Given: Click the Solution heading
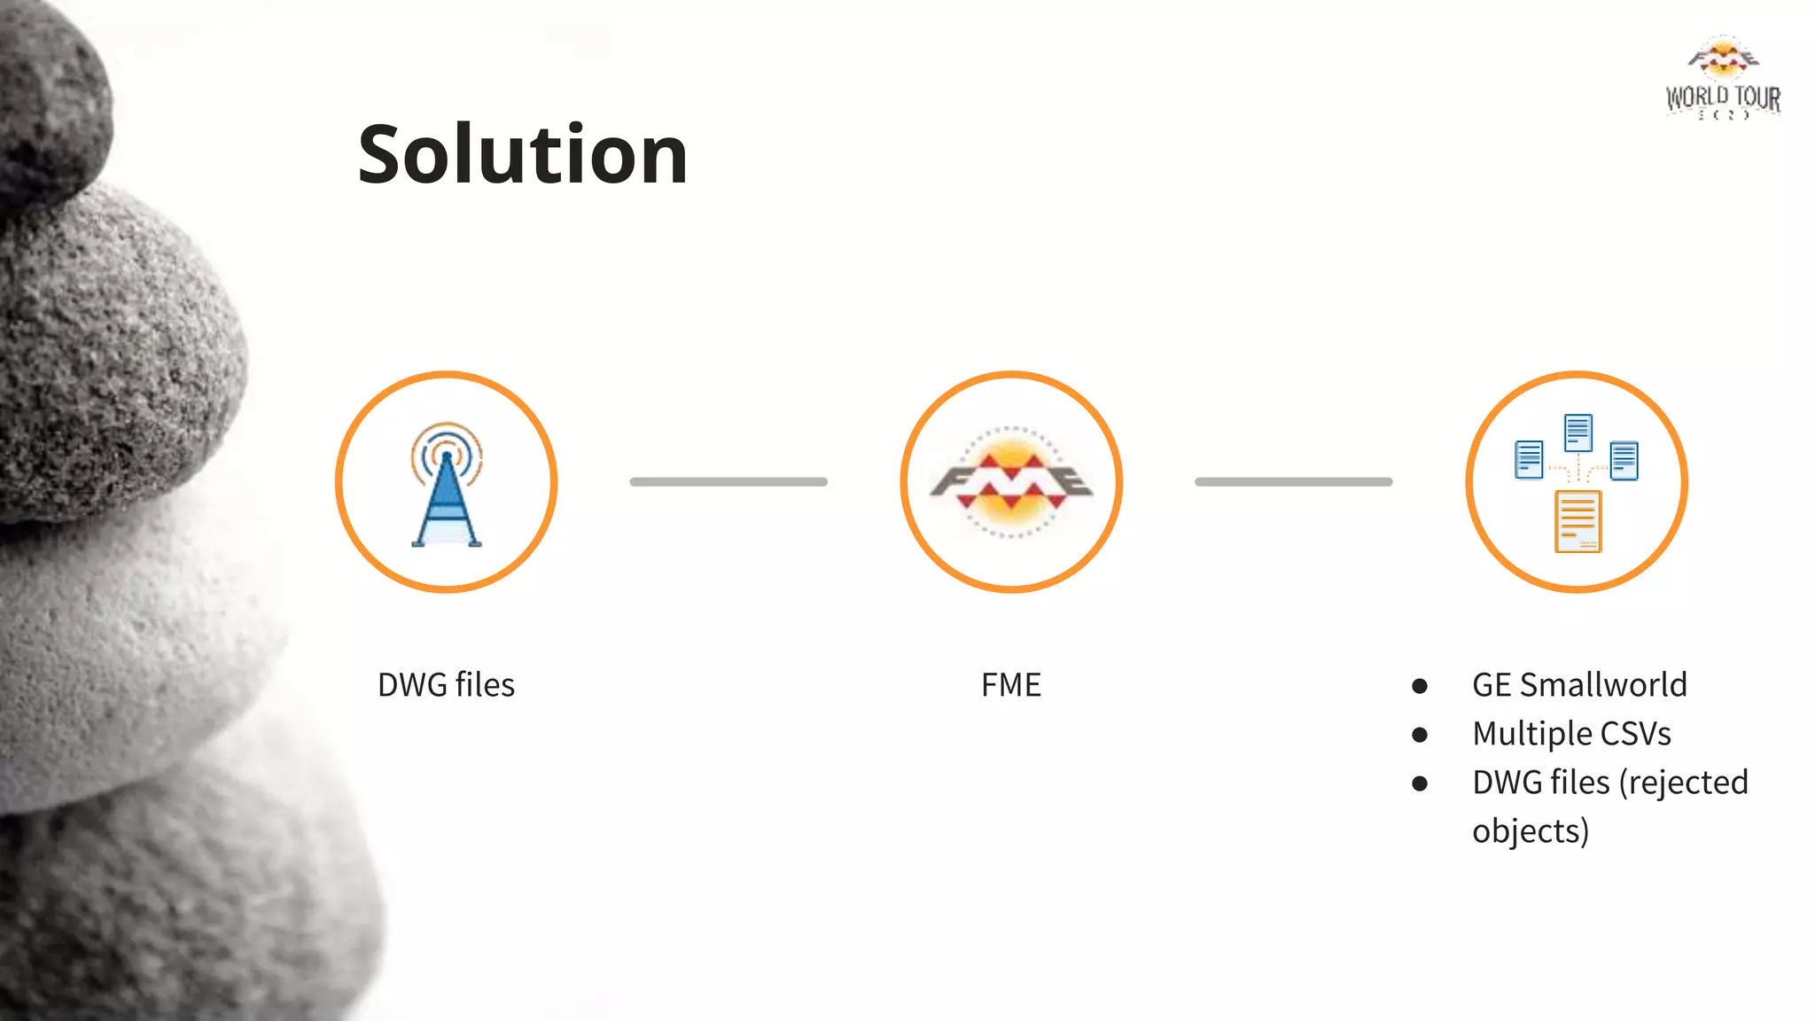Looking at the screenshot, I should click(523, 155).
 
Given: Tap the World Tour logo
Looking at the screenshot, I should click(1723, 78).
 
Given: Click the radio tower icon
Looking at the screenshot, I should click(447, 485).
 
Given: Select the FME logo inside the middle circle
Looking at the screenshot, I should click(1011, 482).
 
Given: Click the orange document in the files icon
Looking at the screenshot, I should click(1578, 521).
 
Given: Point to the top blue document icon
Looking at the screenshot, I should click(1578, 432).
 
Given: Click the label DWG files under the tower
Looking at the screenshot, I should click(446, 685).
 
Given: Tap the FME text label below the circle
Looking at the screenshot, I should click(1011, 685).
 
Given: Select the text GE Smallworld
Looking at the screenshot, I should click(1579, 685).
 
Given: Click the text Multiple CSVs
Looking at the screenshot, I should click(1571, 734).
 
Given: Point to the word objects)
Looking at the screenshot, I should click(1531, 831).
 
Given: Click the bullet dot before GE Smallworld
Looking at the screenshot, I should click(1420, 686).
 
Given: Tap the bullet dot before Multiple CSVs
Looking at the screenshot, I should click(1420, 735).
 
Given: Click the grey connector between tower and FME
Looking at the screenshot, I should click(728, 482).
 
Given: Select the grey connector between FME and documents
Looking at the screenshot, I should click(1293, 482).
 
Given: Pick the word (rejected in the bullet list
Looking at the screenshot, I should click(1684, 783).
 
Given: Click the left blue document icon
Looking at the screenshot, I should click(1529, 459).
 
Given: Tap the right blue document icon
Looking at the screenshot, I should click(1624, 461).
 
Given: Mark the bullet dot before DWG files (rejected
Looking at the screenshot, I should click(1420, 783).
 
